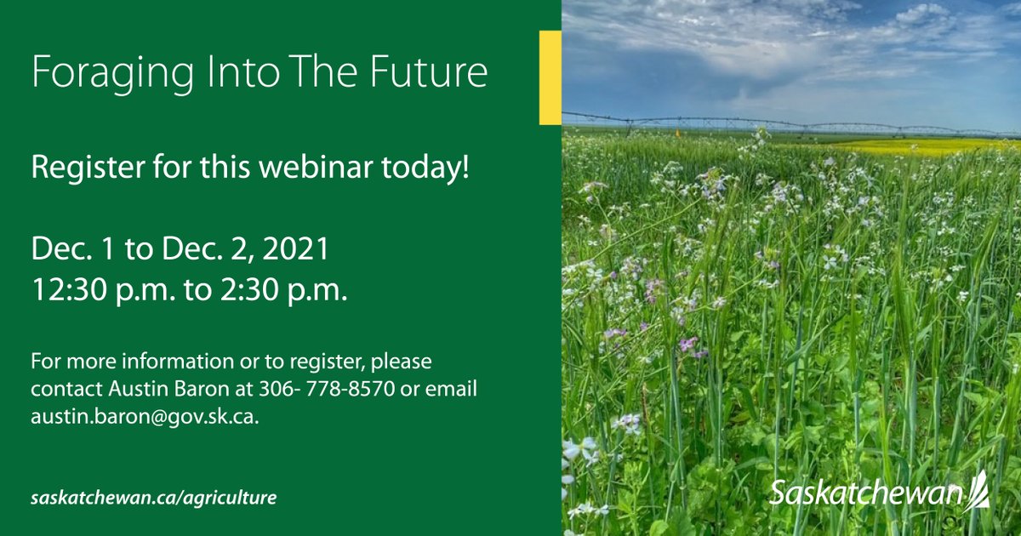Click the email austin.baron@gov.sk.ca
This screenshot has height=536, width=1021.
tap(145, 417)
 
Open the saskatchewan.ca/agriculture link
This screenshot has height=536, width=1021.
tap(154, 498)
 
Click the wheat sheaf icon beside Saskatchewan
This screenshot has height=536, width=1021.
tap(978, 488)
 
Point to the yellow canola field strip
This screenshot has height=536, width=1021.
tap(919, 146)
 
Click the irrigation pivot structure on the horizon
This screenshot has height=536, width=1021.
tap(766, 123)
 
